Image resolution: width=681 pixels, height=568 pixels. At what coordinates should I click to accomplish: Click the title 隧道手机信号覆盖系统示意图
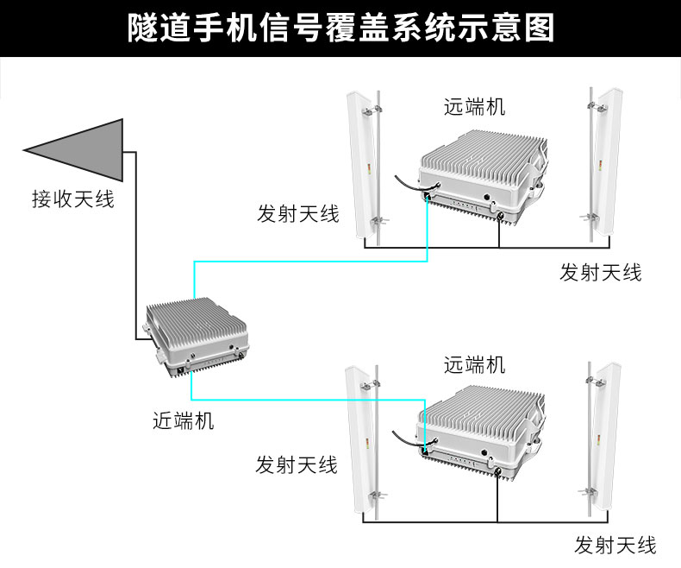tap(340, 28)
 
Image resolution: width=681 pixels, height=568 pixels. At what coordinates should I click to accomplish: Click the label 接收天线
tap(73, 199)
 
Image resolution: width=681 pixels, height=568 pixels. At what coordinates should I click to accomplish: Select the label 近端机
tap(183, 420)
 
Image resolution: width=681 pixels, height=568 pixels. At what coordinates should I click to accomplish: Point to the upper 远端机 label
tap(474, 107)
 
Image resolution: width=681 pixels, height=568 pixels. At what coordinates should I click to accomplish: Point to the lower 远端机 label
tap(474, 364)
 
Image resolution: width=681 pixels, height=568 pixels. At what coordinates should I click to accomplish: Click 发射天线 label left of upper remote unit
tap(297, 213)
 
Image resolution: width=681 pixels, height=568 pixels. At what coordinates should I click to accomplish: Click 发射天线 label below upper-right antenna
tap(601, 273)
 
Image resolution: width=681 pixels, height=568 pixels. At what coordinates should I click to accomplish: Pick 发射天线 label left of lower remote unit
tap(297, 464)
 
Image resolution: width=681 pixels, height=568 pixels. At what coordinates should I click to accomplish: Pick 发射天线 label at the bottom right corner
tap(615, 545)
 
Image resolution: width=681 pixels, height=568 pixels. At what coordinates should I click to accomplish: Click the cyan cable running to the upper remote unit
tap(310, 260)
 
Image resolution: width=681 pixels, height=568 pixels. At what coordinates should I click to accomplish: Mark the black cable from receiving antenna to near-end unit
tap(135, 242)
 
